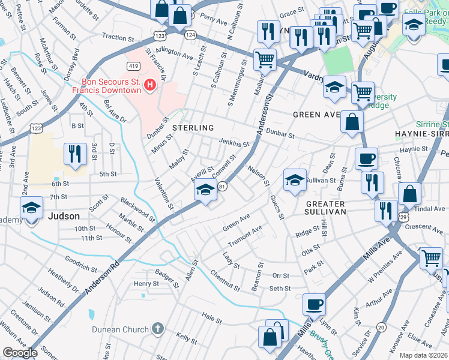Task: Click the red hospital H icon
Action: (x=150, y=85)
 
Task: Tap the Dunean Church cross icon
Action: (x=157, y=329)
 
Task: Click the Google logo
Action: (x=20, y=352)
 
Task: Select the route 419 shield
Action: (x=133, y=65)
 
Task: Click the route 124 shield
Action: (x=190, y=35)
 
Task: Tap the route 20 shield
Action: (x=381, y=327)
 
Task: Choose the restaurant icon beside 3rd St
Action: (x=75, y=154)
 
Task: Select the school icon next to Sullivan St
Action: (x=295, y=180)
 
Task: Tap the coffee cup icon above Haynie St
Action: (x=366, y=159)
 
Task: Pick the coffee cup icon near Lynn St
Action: (x=314, y=304)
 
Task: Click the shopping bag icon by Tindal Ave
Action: (x=409, y=194)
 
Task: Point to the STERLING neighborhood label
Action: (x=193, y=128)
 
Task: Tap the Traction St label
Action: (x=117, y=37)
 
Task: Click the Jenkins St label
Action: (x=234, y=143)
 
